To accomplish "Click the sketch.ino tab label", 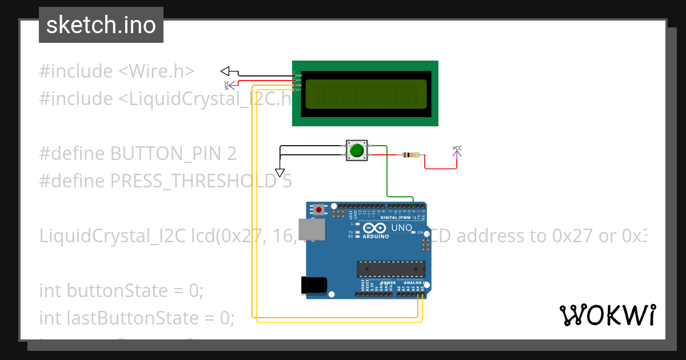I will pyautogui.click(x=101, y=25).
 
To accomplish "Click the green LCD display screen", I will pyautogui.click(x=366, y=94).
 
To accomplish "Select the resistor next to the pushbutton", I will pyautogui.click(x=410, y=155).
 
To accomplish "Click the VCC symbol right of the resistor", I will pyautogui.click(x=457, y=151).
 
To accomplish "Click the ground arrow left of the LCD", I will pyautogui.click(x=225, y=71).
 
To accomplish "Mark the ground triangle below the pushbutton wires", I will pyautogui.click(x=280, y=173).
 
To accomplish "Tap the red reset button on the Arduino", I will pyautogui.click(x=318, y=210).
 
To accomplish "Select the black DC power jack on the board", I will pyautogui.click(x=314, y=285).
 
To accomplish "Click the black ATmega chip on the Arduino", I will pyautogui.click(x=391, y=269).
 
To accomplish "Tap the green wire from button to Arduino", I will pyautogui.click(x=388, y=171).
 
